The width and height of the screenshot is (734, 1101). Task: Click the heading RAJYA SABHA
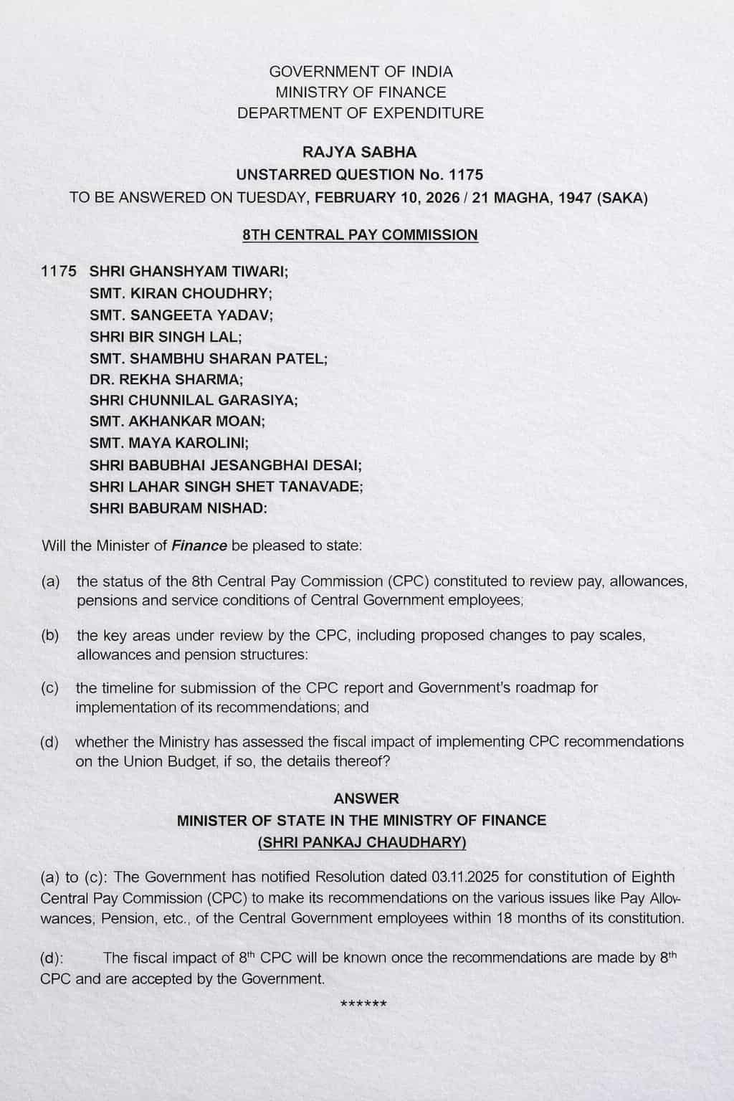(x=360, y=152)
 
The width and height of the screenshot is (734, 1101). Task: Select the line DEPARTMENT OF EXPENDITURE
(x=361, y=113)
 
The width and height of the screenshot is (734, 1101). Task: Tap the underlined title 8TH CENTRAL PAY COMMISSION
(x=360, y=235)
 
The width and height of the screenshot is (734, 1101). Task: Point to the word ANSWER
(x=366, y=798)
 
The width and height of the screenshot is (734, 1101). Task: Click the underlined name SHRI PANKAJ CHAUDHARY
(x=362, y=842)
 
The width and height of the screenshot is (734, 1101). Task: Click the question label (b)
(x=50, y=635)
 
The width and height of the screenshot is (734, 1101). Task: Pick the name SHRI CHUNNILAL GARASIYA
(x=194, y=400)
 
